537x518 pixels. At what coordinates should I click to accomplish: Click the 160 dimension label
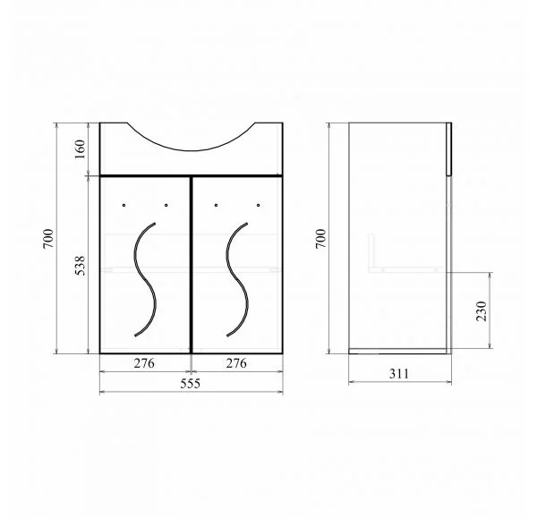click(80, 149)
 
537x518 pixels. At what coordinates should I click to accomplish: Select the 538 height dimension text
click(80, 266)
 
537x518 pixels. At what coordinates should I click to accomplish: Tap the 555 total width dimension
click(191, 384)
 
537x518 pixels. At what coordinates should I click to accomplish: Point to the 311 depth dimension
click(399, 374)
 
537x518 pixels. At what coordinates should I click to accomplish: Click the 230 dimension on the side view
click(482, 310)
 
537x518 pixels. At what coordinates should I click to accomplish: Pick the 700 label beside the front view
click(48, 239)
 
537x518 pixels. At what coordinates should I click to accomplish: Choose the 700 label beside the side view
click(321, 239)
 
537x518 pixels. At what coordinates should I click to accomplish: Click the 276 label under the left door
click(144, 363)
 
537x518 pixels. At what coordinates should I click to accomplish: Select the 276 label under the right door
click(236, 363)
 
